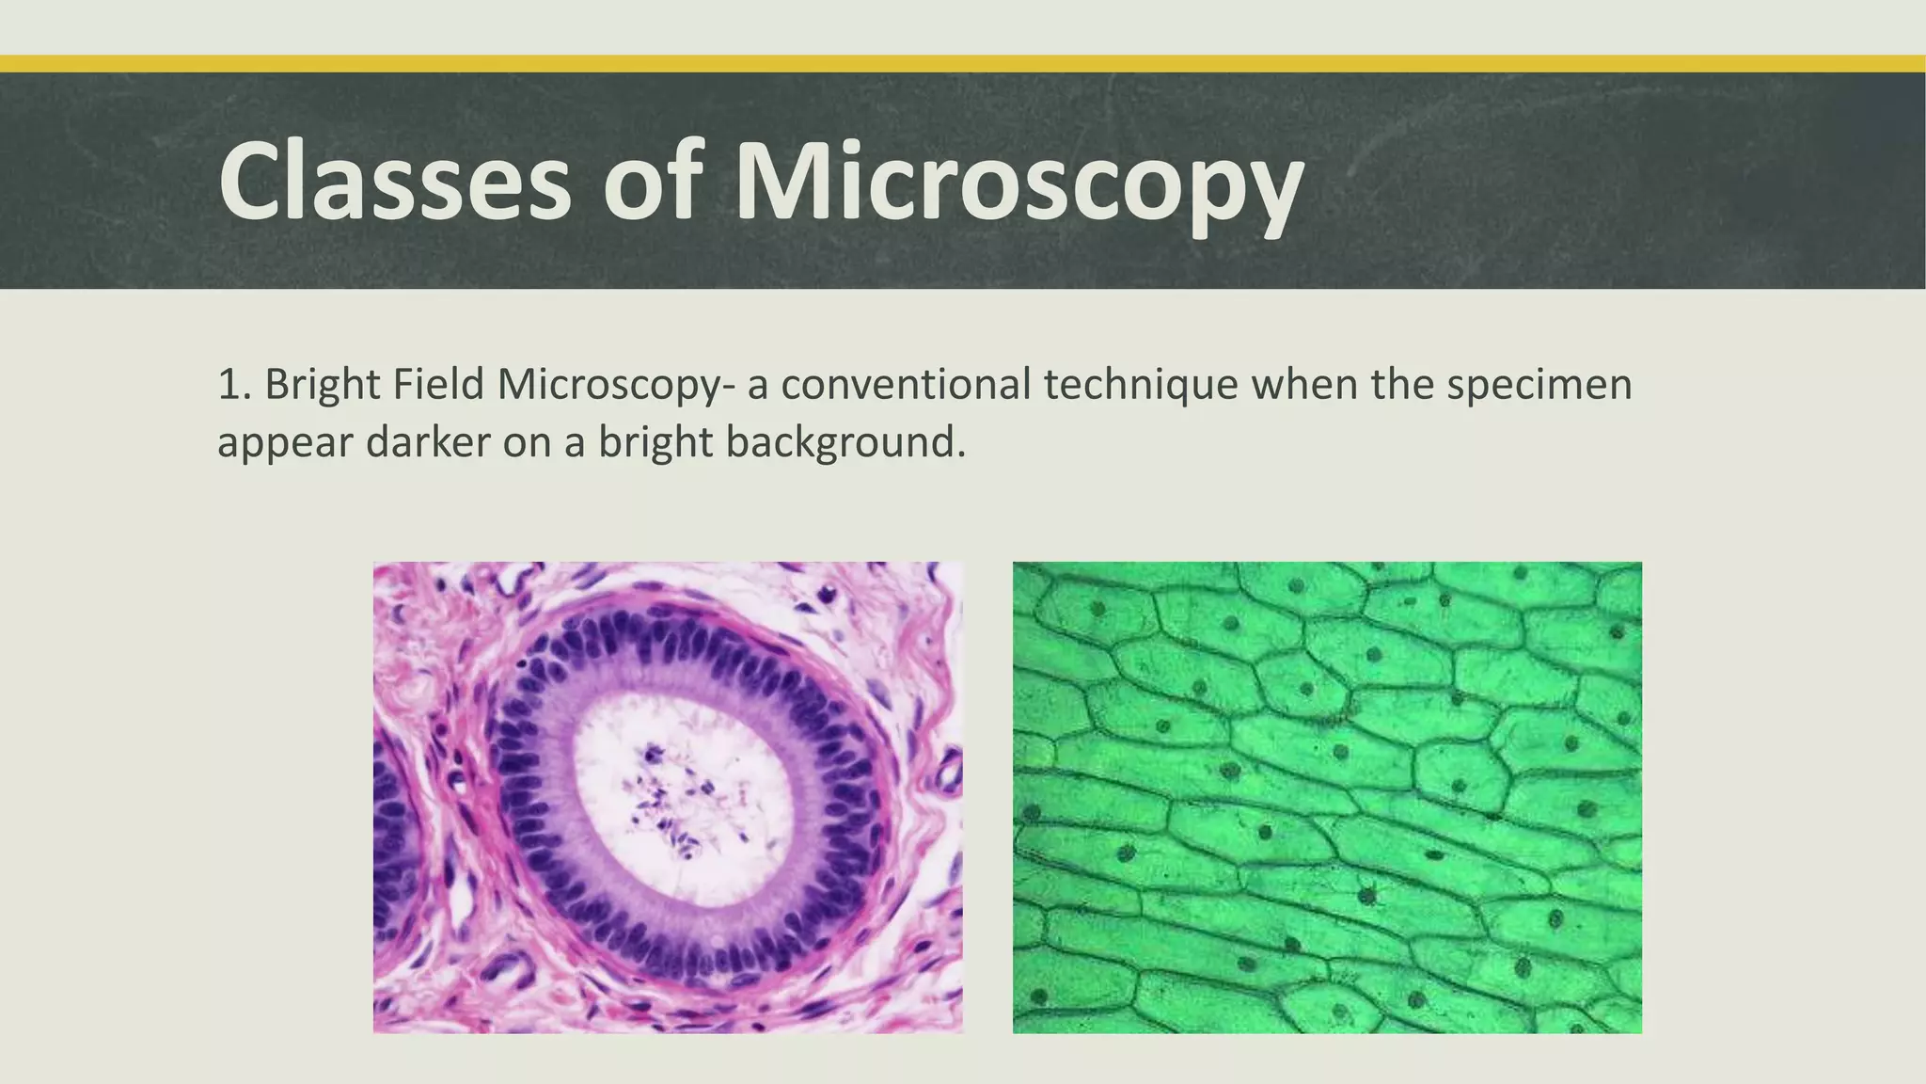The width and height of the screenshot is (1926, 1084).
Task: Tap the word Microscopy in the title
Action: coord(1019,182)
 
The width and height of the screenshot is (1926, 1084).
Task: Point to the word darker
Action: coord(428,441)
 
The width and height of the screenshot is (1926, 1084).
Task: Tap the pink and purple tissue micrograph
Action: coord(668,797)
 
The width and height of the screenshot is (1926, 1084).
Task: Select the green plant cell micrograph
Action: coord(1327,797)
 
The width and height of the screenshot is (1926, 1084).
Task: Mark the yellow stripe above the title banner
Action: coord(963,64)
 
